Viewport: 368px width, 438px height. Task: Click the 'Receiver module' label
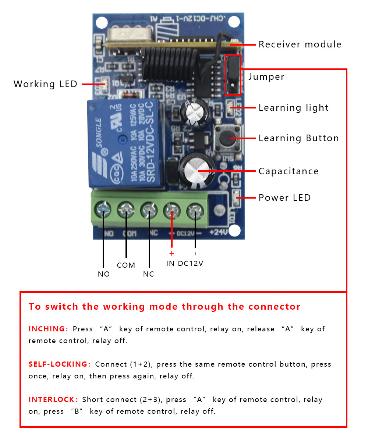tap(300, 44)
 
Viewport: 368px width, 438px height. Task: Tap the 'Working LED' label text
tap(45, 84)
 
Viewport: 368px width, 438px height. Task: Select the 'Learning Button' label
tap(298, 138)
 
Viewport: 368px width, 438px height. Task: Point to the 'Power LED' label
tap(284, 198)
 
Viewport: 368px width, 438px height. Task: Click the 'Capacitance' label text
tap(289, 171)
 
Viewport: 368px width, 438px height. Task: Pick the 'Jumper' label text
tap(266, 77)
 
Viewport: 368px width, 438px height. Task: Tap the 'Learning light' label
tap(293, 108)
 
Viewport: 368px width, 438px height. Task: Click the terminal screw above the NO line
tap(103, 211)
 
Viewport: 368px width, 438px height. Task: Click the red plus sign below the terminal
tap(171, 253)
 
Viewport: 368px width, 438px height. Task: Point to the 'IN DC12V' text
tap(184, 263)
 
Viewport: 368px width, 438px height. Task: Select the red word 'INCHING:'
tap(48, 329)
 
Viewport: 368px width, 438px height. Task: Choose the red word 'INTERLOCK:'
tap(53, 399)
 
